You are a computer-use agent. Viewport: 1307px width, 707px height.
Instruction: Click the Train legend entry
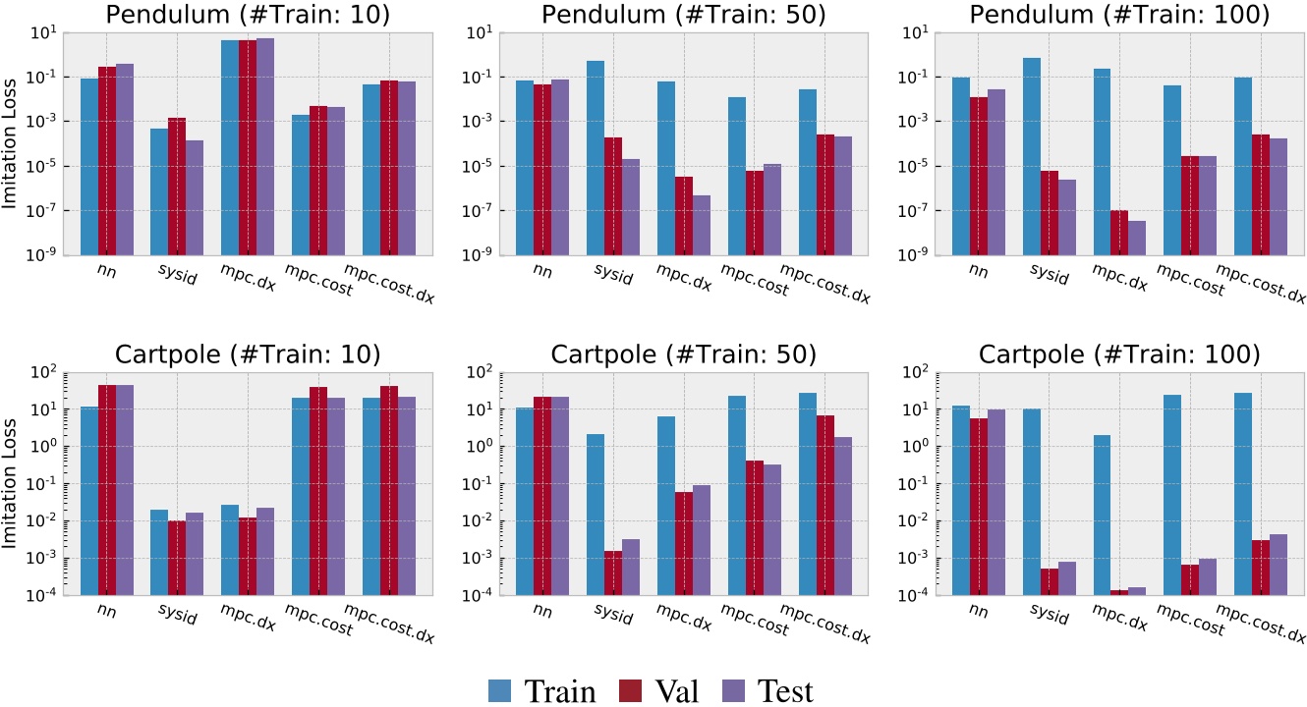point(542,691)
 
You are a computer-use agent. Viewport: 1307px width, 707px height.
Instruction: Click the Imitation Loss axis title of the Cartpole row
point(11,482)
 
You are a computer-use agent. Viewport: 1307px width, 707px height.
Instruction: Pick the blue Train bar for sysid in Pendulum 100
point(1031,156)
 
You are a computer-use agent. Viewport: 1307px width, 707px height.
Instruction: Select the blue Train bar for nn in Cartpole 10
point(89,500)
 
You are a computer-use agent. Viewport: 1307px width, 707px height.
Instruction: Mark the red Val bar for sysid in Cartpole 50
point(612,572)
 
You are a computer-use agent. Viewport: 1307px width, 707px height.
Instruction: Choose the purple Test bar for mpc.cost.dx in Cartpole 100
point(1279,564)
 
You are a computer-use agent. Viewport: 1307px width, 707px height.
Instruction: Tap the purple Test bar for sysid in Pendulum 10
point(194,197)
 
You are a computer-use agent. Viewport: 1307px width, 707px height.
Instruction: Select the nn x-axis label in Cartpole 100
point(976,608)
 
